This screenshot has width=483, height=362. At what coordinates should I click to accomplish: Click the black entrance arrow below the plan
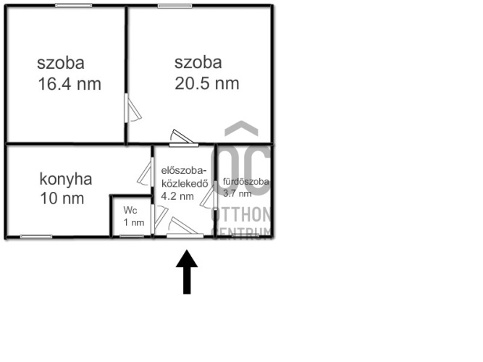point(187,271)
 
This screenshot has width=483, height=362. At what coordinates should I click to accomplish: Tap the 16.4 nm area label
point(69,84)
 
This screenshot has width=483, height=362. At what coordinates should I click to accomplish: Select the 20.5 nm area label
point(207,83)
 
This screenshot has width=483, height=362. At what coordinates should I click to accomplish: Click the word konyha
point(66,179)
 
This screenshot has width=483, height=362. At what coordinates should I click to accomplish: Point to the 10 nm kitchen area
point(62,198)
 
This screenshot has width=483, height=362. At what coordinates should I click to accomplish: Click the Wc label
point(130,210)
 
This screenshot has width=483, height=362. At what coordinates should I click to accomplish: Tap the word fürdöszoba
point(246,182)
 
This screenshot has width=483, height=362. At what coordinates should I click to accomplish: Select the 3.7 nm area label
point(238,193)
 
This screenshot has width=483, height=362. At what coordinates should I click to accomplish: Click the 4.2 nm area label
point(177,195)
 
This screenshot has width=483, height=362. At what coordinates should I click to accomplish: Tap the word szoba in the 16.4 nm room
point(61,62)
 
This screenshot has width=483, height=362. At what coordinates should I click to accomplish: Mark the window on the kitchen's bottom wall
point(35,237)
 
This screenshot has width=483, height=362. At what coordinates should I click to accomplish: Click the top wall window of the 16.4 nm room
point(68,6)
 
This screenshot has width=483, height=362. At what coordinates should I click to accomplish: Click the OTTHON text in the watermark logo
point(241,215)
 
